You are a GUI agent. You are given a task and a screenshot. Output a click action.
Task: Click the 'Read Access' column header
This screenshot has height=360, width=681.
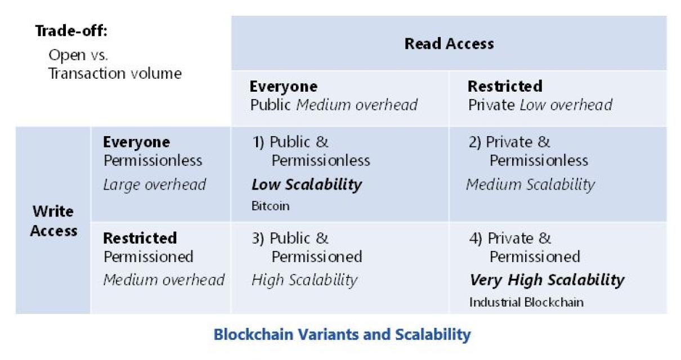click(449, 44)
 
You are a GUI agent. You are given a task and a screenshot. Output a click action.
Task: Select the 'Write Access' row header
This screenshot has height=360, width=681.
click(53, 221)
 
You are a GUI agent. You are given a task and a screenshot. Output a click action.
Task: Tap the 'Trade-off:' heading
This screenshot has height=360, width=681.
click(71, 31)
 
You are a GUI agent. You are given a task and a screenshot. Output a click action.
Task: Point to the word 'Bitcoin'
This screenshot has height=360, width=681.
click(270, 206)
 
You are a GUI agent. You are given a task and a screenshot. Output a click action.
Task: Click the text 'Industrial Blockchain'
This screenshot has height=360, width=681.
click(526, 302)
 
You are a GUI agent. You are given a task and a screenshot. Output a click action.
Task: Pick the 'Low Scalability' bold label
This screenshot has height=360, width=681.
click(307, 185)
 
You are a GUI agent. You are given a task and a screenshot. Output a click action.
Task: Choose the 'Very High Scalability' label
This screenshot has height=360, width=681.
click(547, 280)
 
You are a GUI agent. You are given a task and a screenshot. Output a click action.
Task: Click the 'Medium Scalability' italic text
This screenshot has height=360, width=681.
click(531, 185)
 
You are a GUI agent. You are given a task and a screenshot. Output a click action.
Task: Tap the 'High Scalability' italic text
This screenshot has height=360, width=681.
click(304, 280)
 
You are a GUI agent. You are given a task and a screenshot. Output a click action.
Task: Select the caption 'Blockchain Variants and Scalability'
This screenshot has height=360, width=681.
click(342, 335)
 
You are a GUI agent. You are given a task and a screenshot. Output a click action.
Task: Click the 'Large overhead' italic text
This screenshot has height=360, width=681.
click(154, 184)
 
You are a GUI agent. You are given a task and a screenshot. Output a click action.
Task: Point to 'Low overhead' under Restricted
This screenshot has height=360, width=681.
click(566, 105)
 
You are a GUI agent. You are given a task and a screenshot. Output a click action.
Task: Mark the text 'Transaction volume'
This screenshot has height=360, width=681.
click(115, 74)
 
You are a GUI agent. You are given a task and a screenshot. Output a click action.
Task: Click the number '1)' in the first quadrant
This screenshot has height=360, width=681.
click(258, 142)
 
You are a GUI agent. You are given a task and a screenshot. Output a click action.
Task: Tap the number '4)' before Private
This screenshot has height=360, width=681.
click(476, 238)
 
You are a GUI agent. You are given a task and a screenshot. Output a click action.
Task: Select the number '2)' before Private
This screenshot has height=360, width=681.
click(475, 142)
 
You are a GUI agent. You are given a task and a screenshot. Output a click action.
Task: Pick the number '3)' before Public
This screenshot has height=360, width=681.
click(258, 238)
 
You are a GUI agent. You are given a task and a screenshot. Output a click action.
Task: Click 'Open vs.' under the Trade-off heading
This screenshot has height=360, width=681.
click(78, 55)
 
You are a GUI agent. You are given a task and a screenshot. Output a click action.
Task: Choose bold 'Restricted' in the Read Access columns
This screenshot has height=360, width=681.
click(505, 86)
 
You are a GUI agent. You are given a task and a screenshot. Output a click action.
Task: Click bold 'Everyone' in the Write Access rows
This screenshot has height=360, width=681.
click(137, 142)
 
